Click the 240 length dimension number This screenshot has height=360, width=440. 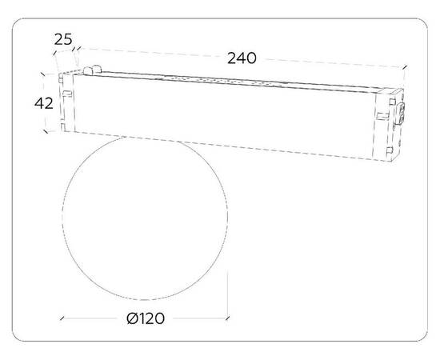click(242, 58)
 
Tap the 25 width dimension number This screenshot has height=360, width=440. click(63, 39)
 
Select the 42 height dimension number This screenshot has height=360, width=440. click(44, 103)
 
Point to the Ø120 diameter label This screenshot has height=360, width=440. click(146, 318)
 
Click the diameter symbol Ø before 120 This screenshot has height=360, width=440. click(131, 318)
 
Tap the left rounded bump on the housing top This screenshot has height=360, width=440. click(88, 71)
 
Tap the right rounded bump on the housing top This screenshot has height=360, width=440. click(97, 69)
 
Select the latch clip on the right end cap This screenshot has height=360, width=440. click(401, 113)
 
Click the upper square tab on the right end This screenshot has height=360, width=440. click(390, 102)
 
